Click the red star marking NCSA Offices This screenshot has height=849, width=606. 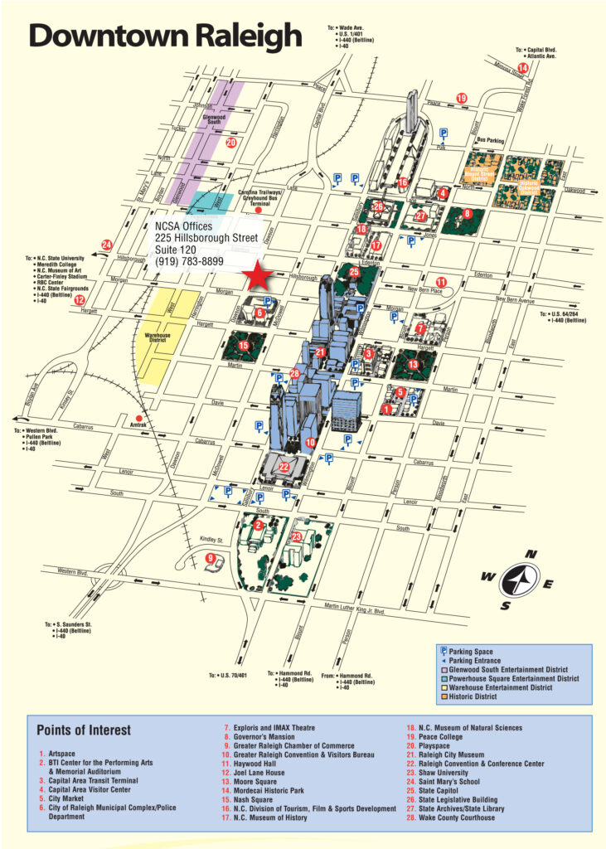259,277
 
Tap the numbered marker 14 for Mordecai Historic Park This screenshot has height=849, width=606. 522,68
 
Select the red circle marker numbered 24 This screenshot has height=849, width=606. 107,245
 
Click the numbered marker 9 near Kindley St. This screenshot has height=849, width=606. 211,557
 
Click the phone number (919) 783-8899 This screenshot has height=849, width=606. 190,261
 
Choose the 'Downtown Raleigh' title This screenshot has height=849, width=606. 166,36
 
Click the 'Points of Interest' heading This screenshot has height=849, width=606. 84,730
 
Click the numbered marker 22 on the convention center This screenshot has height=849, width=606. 284,468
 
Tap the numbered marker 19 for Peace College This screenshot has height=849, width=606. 462,99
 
